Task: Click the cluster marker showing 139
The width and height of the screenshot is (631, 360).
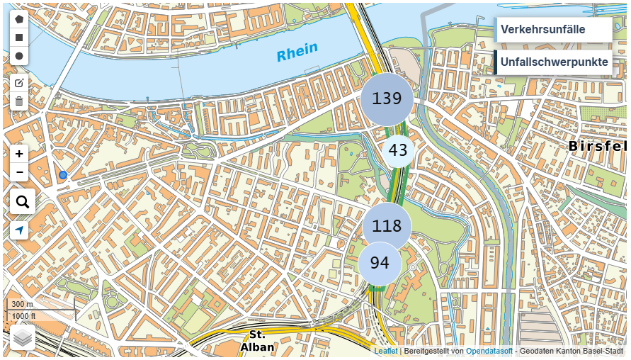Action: click(x=387, y=99)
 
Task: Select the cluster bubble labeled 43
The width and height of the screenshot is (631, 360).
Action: click(x=398, y=150)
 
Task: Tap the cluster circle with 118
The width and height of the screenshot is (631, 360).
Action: click(x=387, y=227)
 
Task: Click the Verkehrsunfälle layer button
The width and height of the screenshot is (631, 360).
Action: click(x=552, y=30)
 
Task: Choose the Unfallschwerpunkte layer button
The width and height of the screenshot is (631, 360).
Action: click(x=553, y=62)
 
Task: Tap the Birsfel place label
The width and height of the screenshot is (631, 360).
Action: click(x=597, y=146)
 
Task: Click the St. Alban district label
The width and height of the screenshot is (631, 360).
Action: click(x=256, y=340)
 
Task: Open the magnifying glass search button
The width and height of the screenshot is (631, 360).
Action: click(x=22, y=202)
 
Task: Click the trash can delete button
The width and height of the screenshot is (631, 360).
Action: click(x=19, y=101)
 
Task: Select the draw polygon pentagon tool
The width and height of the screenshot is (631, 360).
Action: click(x=19, y=19)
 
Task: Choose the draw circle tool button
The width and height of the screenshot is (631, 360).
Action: click(x=19, y=56)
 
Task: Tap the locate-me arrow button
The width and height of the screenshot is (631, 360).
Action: click(x=19, y=230)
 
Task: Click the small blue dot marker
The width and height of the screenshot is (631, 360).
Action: click(x=63, y=175)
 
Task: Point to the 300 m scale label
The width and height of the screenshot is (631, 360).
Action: click(x=22, y=304)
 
